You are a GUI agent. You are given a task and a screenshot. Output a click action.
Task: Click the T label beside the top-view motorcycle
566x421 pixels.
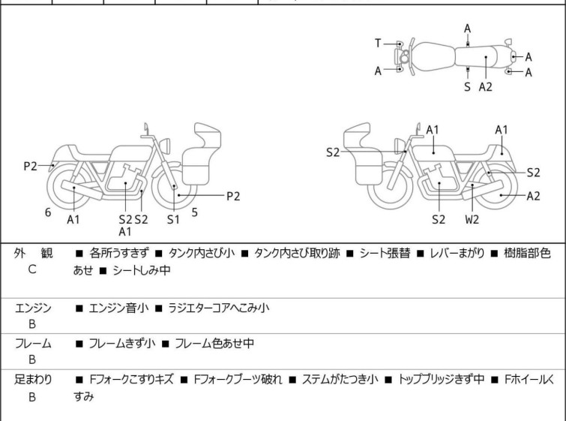[379, 44]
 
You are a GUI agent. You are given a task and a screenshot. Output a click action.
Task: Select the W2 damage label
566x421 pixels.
[472, 220]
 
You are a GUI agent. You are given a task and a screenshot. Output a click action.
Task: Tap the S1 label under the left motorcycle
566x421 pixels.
[173, 220]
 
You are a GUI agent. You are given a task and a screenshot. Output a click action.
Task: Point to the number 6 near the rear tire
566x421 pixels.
[48, 212]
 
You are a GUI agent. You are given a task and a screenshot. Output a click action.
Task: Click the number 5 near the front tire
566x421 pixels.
[194, 212]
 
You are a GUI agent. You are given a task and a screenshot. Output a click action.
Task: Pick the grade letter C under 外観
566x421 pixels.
[31, 269]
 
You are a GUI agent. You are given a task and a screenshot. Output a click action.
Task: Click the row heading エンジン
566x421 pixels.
[33, 308]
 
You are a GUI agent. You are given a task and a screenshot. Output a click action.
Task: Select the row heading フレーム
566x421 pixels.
[33, 344]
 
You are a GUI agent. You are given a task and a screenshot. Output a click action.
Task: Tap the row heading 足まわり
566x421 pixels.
[33, 380]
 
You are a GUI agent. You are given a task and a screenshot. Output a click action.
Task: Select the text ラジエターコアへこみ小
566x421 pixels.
[219, 308]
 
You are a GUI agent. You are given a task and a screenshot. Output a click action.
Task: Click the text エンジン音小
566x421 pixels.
[115, 308]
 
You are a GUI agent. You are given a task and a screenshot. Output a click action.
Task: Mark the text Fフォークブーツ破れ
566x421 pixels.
[238, 380]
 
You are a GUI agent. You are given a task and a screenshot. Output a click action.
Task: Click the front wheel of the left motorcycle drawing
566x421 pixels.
[175, 185]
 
